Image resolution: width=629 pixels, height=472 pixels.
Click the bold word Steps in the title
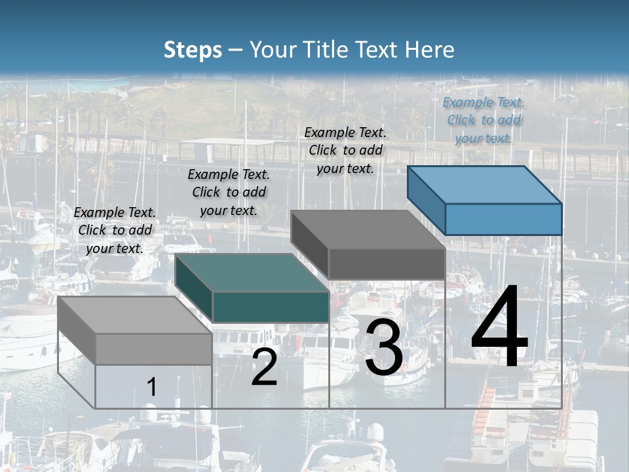pos(193,50)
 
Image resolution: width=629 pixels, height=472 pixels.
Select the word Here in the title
pos(430,49)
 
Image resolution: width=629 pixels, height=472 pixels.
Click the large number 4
pos(499,325)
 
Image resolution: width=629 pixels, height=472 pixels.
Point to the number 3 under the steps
pos(384,347)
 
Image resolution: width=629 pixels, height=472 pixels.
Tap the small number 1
pos(151,387)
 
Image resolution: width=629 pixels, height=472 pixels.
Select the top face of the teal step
pos(252,273)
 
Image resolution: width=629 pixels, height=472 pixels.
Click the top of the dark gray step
pos(368,229)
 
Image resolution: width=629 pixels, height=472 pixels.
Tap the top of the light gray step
pos(135,315)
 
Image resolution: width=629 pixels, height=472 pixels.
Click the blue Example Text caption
pos(484,121)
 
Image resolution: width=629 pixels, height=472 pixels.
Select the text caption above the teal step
pos(229,192)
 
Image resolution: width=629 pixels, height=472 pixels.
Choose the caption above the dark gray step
pos(345,151)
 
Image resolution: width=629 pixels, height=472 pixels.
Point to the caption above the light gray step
pos(115,230)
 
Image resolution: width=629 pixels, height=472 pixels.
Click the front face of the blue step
pos(504,219)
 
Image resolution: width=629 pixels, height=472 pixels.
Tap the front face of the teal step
pos(271,307)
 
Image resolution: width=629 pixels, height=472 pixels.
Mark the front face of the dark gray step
pos(387,264)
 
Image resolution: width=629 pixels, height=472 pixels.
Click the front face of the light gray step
pos(153,349)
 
